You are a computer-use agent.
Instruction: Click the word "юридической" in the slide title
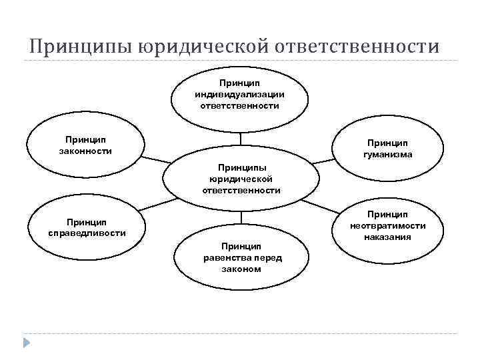(203, 47)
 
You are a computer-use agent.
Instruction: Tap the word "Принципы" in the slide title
(82, 47)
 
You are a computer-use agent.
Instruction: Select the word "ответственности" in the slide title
(357, 47)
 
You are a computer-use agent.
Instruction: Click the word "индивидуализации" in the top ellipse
(241, 95)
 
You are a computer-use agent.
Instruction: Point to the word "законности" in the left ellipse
(85, 151)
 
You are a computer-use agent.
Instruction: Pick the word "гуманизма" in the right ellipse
(387, 154)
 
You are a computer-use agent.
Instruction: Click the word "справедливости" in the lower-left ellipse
(87, 233)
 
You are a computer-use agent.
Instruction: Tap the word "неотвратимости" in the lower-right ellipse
(387, 225)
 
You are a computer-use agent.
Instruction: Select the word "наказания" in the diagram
(387, 237)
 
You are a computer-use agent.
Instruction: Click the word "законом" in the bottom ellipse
(242, 269)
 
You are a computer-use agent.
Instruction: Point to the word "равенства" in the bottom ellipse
(226, 257)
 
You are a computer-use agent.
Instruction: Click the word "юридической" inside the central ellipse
(241, 179)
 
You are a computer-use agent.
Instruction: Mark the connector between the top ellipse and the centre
(241, 139)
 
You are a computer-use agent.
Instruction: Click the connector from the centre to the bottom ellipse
(241, 218)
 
